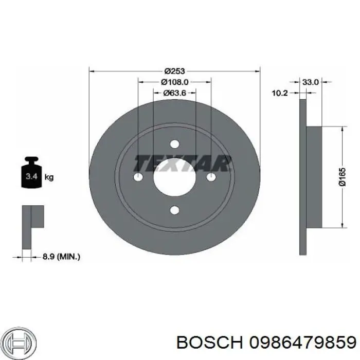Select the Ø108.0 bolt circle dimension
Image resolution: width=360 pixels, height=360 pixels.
pyautogui.click(x=174, y=82)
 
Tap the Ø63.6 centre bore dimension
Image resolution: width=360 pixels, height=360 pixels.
pyautogui.click(x=174, y=93)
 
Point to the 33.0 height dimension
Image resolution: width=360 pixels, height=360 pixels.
pyautogui.click(x=311, y=82)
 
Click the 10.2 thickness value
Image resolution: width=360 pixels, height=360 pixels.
pyautogui.click(x=279, y=93)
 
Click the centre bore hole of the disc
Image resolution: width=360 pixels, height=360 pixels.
pyautogui.click(x=174, y=177)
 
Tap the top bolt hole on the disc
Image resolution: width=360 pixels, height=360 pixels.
pyautogui.click(x=174, y=143)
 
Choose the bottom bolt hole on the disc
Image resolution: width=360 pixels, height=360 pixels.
pyautogui.click(x=174, y=210)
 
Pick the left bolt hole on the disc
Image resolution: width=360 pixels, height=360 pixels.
pyautogui.click(x=138, y=177)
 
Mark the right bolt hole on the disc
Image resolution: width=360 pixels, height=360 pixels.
pyautogui.click(x=211, y=177)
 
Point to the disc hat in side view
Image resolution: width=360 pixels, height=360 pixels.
pyautogui.click(x=314, y=177)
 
